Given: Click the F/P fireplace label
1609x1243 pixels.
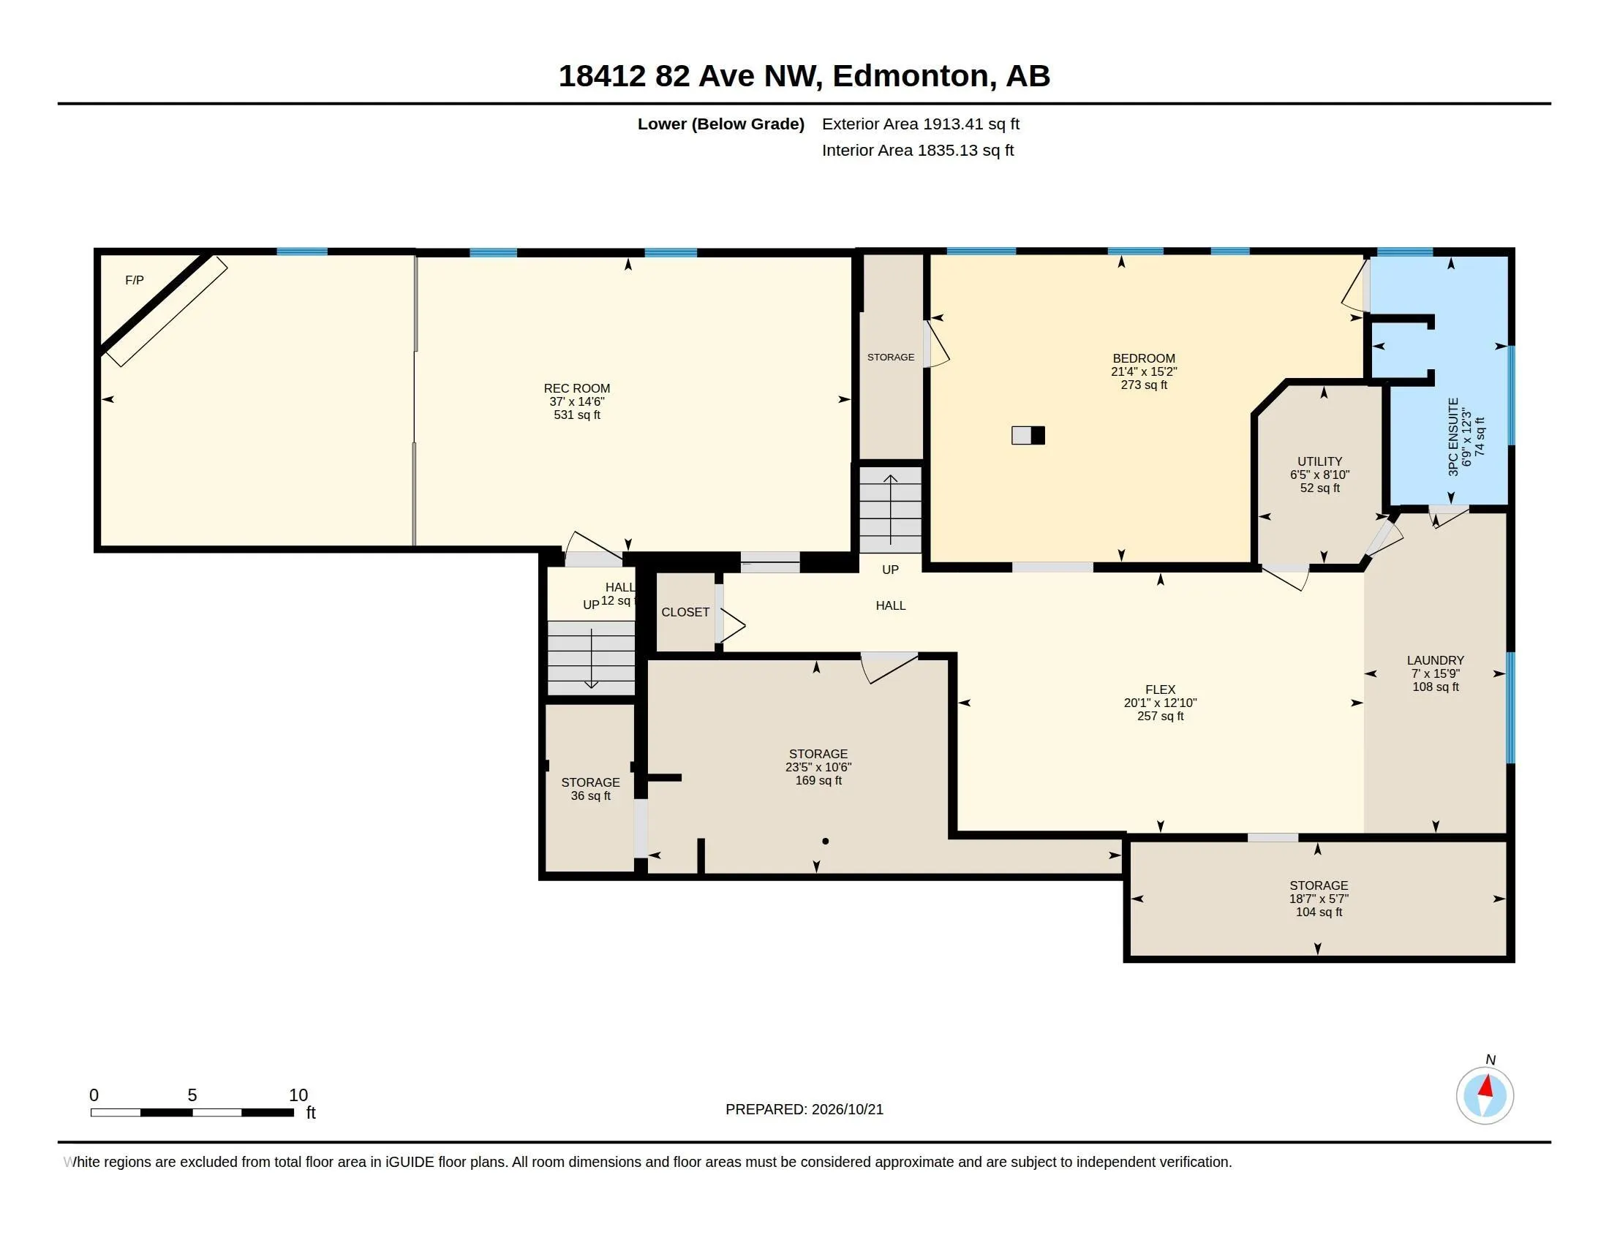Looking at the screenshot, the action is pos(134,280).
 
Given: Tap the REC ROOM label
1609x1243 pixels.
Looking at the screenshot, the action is pos(577,388).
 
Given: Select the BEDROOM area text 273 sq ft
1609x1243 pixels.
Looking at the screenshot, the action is pos(1144,385).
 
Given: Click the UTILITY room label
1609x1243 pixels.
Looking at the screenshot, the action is pos(1319,461).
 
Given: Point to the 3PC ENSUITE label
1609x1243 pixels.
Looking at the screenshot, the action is pos(1453,437).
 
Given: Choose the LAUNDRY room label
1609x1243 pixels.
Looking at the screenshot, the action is pos(1435,660).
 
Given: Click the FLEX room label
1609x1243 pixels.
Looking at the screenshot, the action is pos(1161,689).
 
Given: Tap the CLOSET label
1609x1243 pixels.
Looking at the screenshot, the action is pos(685,612).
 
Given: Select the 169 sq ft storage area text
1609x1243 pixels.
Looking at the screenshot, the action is pos(818,780).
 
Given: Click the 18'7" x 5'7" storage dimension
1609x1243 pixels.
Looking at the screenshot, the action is pos(1319,899).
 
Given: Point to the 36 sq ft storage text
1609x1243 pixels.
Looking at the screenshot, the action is pos(591,796).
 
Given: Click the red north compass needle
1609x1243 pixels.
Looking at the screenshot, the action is pos(1487,1086).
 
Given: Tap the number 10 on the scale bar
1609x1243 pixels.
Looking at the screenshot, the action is pos(298,1095).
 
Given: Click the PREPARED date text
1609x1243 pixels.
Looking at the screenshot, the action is pos(804,1109).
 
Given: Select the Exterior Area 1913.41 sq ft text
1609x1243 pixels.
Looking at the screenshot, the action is pos(921,124).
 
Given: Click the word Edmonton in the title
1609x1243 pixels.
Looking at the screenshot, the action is pos(911,76).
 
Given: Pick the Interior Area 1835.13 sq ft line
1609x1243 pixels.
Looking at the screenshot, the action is pos(918,150).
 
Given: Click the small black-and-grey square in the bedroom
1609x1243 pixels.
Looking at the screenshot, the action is pos(1028,435).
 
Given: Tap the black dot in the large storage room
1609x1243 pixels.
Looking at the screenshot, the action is pos(825,841).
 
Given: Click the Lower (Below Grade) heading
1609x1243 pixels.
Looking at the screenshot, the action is pos(720,124).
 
